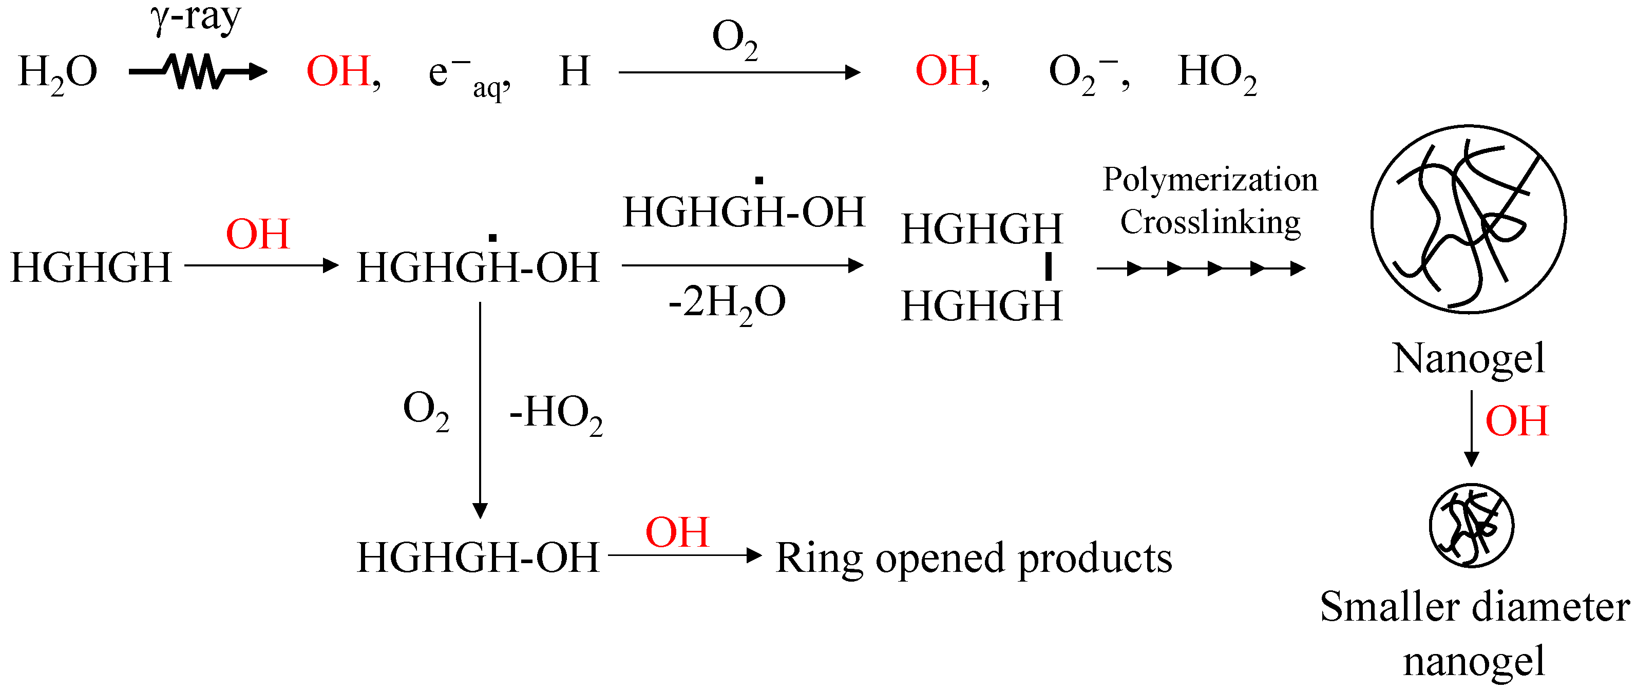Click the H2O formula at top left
(x=57, y=73)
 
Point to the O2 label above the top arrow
(x=734, y=40)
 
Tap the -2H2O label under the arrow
(x=727, y=303)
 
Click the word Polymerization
(x=1209, y=180)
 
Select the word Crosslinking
(x=1209, y=223)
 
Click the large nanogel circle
(x=1468, y=219)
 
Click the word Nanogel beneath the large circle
(x=1468, y=359)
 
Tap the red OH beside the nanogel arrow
(x=1516, y=421)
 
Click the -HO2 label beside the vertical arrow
(x=555, y=414)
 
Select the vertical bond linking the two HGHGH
(x=1048, y=266)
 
